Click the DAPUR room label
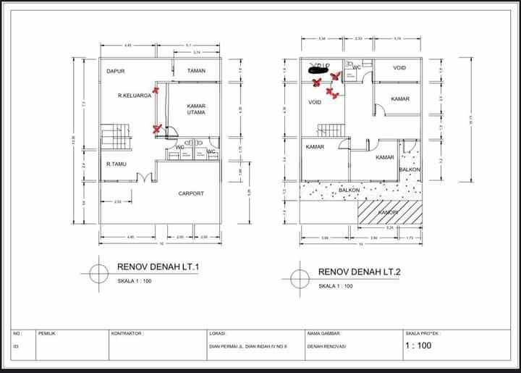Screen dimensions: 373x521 117,71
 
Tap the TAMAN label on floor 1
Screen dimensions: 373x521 196,71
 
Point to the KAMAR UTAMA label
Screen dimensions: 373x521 196,109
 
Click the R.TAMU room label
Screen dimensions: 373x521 117,164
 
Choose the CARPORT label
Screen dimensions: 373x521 191,193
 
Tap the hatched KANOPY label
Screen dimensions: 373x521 389,212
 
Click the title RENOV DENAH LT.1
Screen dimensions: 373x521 158,267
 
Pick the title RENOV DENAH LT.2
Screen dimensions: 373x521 359,272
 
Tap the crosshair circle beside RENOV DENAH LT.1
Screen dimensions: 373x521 99,273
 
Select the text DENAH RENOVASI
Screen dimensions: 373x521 327,347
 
